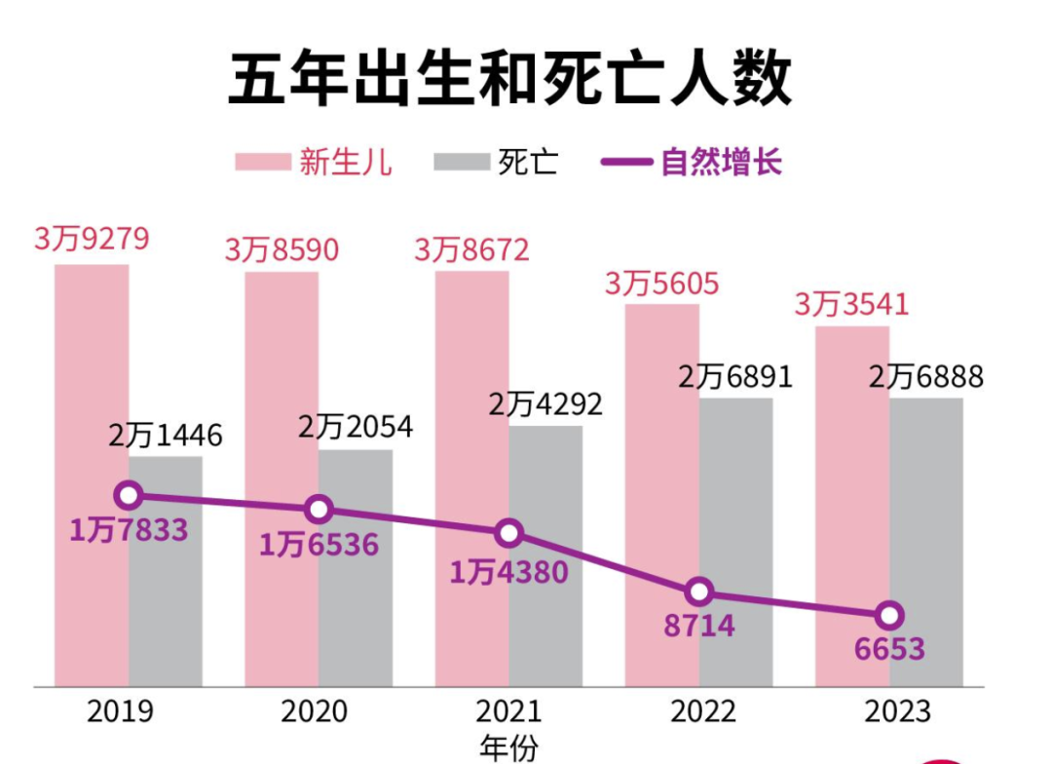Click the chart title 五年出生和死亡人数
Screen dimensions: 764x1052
[x=509, y=79]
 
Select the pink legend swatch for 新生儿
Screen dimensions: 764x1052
[x=263, y=162]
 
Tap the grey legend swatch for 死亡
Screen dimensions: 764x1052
[x=462, y=162]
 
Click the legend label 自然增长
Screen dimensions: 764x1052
[x=721, y=162]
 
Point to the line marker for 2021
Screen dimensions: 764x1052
[x=508, y=533]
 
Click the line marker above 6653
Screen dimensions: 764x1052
[x=888, y=615]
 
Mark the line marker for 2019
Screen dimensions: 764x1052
[x=129, y=495]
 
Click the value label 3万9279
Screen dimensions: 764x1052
[x=93, y=240]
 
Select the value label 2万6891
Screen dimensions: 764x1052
[x=735, y=377]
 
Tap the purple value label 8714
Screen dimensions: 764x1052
[x=699, y=626]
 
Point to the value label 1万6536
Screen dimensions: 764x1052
[x=319, y=544]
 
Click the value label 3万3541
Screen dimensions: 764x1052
[x=851, y=304]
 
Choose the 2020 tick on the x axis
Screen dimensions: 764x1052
[x=315, y=711]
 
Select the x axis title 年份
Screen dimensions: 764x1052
[x=508, y=747]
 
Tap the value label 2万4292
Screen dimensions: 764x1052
[x=545, y=404]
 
